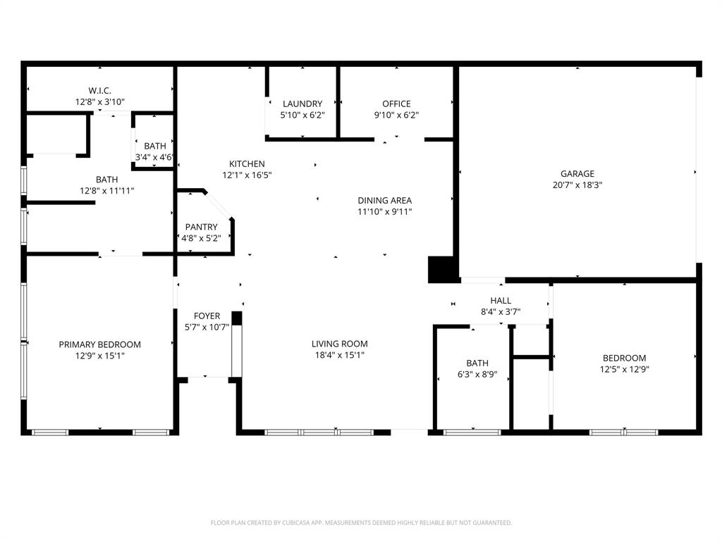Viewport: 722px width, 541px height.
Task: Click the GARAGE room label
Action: (577, 174)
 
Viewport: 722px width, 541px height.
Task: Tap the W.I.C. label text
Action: (99, 90)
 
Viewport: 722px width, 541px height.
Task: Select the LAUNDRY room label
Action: (302, 104)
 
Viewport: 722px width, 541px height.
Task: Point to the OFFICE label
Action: (396, 104)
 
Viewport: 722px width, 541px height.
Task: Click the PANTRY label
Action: (201, 227)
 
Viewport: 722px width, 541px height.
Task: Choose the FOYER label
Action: (207, 316)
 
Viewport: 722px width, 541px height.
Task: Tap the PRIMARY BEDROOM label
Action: (99, 344)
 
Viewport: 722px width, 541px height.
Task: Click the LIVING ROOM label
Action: (340, 344)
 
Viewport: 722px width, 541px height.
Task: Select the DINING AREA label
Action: (384, 200)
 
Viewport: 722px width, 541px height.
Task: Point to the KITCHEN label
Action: (247, 163)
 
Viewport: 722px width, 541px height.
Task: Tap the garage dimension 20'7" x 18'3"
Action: (577, 185)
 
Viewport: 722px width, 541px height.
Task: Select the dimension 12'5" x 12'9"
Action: (623, 369)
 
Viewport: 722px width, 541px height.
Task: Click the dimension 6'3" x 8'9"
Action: (477, 375)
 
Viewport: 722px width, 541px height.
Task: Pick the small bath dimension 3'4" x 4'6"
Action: (154, 157)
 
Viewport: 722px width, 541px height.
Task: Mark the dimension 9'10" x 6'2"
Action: (396, 115)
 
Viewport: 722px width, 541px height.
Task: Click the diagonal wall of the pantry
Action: (219, 205)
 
